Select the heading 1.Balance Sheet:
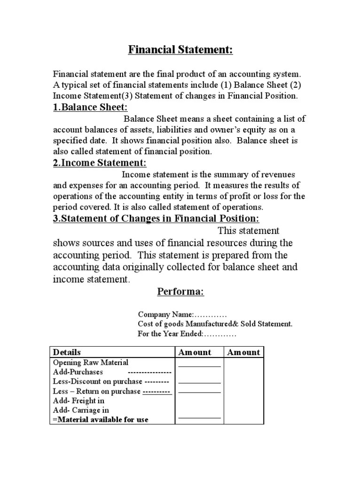click(x=90, y=108)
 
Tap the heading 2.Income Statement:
click(x=100, y=163)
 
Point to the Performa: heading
click(x=180, y=292)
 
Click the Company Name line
click(x=182, y=314)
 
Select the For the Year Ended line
click(x=187, y=334)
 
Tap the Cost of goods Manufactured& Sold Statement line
click(x=215, y=324)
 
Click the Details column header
click(x=67, y=352)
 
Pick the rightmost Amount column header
click(x=243, y=352)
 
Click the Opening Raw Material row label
click(x=90, y=363)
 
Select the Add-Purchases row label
click(x=78, y=372)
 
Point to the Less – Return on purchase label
click(x=97, y=391)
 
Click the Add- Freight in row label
click(x=78, y=401)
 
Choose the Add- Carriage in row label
click(x=81, y=410)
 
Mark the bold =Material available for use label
click(x=101, y=419)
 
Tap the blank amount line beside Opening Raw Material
click(x=199, y=365)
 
